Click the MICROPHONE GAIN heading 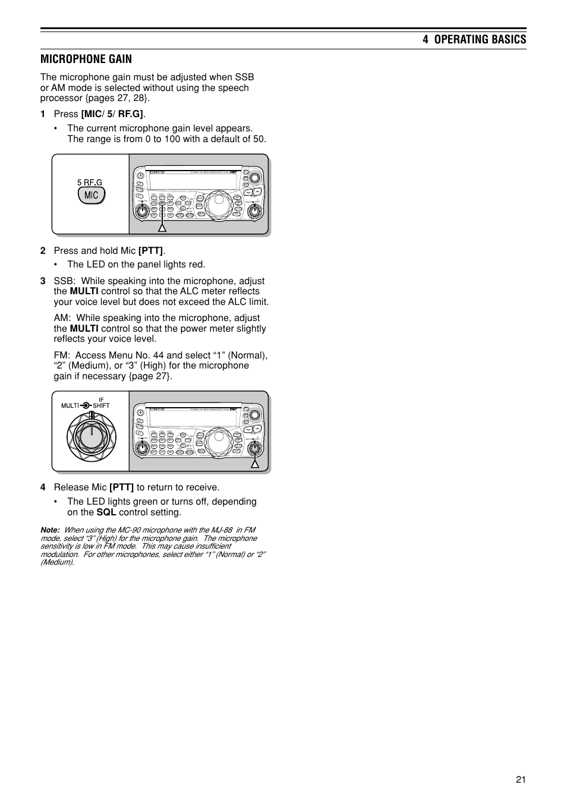86,59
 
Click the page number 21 521,780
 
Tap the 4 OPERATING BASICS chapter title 474,39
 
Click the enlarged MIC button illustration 91,196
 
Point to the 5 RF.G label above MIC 89,182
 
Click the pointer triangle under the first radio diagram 161,227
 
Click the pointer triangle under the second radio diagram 254,464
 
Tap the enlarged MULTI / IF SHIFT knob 91,436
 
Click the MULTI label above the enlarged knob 70,405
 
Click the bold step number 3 43,281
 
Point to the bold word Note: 50,530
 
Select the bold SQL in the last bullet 106,512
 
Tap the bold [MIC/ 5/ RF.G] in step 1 112,114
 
